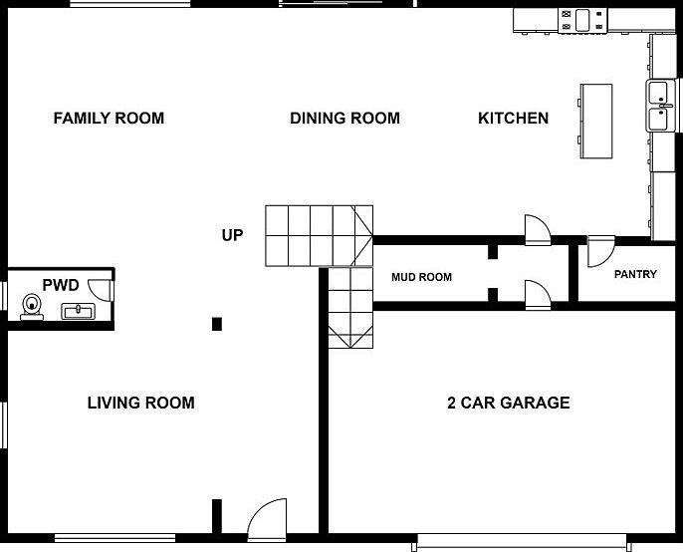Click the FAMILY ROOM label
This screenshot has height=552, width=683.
point(109,119)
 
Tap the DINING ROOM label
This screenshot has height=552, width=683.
point(344,119)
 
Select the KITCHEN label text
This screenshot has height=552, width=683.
point(513,119)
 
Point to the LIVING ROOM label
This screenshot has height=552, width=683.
point(140,404)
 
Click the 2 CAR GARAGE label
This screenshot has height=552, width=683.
point(508,404)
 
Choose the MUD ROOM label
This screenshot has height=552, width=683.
point(421,277)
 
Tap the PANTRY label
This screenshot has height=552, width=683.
point(635,274)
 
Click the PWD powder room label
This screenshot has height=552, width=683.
point(60,285)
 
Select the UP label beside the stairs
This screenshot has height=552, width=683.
point(232,236)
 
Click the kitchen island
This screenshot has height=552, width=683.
point(596,120)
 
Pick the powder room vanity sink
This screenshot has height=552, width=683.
point(78,311)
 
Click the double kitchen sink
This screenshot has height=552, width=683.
point(661,107)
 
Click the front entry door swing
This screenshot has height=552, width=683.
point(266,518)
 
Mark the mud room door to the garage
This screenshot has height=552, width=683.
point(536,292)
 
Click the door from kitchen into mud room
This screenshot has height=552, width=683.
point(536,228)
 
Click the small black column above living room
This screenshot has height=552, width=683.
point(217,323)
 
